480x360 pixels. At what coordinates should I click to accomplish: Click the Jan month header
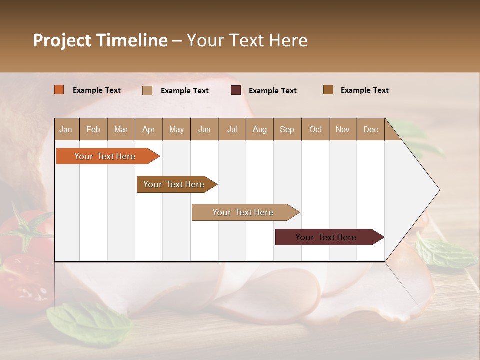click(x=66, y=129)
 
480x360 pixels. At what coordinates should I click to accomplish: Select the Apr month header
click(x=148, y=129)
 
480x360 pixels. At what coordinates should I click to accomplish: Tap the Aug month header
click(x=259, y=129)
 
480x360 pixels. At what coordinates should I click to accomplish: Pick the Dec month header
click(x=370, y=129)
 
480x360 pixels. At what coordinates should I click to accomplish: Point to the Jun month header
click(x=204, y=129)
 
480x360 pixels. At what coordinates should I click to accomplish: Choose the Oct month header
click(x=315, y=129)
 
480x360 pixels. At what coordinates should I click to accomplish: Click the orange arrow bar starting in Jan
click(x=105, y=156)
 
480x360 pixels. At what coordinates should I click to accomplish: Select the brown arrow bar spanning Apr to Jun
click(x=174, y=184)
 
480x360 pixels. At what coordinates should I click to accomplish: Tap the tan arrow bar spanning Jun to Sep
click(x=243, y=212)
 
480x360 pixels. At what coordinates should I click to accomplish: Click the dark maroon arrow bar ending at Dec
click(x=326, y=237)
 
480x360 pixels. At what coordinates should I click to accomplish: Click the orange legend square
click(x=59, y=90)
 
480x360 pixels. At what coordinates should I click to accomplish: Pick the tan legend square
click(x=147, y=90)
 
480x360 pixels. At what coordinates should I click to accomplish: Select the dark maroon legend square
click(x=235, y=90)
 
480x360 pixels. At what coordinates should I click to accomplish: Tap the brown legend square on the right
click(x=328, y=90)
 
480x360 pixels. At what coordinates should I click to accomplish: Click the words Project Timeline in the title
click(x=100, y=40)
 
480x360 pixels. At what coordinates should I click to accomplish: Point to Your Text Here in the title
click(x=247, y=40)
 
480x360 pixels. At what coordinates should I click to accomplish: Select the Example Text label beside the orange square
click(x=97, y=90)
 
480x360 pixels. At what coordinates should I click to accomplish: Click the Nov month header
click(x=342, y=129)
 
